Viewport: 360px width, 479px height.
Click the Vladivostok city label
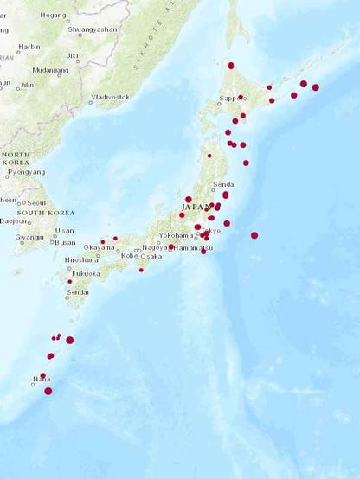110,97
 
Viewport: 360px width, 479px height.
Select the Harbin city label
29,47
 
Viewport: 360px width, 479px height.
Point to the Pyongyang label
26,172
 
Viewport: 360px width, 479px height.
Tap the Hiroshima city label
81,259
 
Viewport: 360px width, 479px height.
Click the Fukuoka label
86,273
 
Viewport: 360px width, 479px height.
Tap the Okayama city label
99,247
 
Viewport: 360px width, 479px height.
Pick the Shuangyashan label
91,28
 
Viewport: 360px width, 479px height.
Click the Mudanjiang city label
50,70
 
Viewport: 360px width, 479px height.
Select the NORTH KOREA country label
16,158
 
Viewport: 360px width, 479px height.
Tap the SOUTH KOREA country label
42,212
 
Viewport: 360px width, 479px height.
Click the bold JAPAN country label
196,208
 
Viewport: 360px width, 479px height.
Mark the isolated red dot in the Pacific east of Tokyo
254,235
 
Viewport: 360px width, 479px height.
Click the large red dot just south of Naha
48,391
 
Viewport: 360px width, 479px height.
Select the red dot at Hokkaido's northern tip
231,65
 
